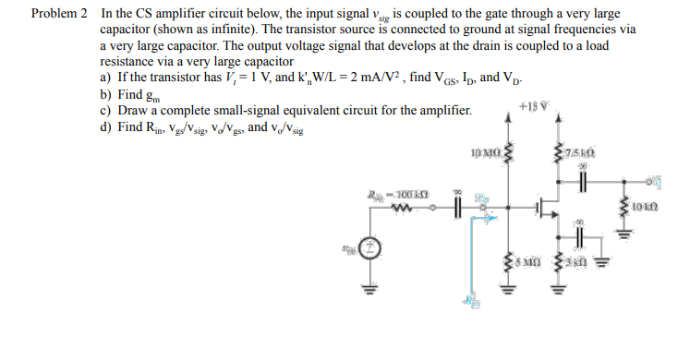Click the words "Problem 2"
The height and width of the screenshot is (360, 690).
[x=59, y=15]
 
